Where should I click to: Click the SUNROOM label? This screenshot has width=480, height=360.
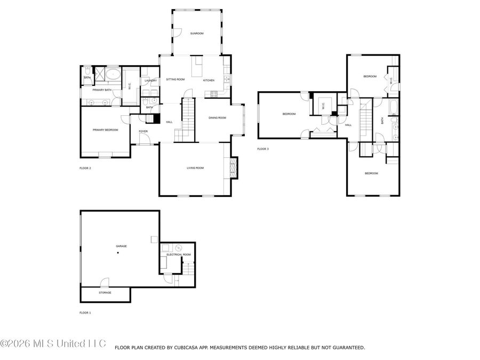point(197,34)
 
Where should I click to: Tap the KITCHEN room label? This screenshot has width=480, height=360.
point(209,80)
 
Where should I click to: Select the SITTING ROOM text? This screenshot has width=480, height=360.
point(175,79)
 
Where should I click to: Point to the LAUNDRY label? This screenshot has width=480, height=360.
point(150,81)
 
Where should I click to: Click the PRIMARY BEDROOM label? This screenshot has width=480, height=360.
point(105,130)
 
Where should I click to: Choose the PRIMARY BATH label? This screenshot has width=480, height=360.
point(102,90)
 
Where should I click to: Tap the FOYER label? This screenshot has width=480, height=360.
point(143,131)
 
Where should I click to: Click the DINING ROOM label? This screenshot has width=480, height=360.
point(217,118)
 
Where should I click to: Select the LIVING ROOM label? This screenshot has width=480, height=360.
point(195,168)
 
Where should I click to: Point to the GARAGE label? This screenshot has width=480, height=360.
point(122,246)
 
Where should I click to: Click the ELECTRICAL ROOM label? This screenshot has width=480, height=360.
point(179,254)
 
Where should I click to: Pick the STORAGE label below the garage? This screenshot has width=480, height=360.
point(105,293)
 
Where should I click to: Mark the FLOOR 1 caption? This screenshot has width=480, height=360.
point(85,313)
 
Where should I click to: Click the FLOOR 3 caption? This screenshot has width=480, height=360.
point(263,149)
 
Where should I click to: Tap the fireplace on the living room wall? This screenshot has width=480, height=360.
point(233,168)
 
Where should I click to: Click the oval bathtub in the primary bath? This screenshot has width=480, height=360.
point(112,74)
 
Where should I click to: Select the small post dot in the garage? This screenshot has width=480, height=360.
point(118,253)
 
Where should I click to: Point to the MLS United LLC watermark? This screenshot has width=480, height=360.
point(53,343)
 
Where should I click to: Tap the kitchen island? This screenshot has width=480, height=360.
point(198,68)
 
